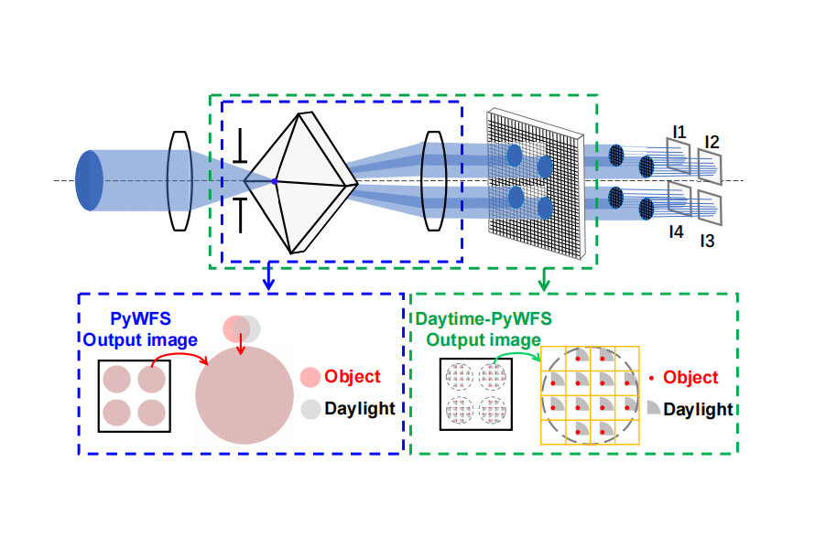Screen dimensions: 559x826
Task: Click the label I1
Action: (679, 133)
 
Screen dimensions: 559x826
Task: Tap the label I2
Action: (712, 142)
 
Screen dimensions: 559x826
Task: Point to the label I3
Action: (708, 241)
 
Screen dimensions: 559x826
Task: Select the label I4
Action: (676, 231)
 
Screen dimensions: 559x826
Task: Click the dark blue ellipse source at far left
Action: (89, 179)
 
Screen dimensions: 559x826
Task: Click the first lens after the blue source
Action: (179, 179)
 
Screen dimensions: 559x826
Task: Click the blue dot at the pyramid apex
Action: (274, 181)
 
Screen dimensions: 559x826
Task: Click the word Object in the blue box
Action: (353, 376)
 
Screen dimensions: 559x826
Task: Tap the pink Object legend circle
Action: (310, 376)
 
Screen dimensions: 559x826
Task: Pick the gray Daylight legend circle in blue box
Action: (310, 409)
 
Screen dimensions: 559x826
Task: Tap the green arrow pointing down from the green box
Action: (545, 279)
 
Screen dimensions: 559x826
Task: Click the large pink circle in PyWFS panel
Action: (243, 395)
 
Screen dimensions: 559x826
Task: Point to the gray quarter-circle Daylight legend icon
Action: (652, 408)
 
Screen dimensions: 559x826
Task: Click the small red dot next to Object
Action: (650, 377)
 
